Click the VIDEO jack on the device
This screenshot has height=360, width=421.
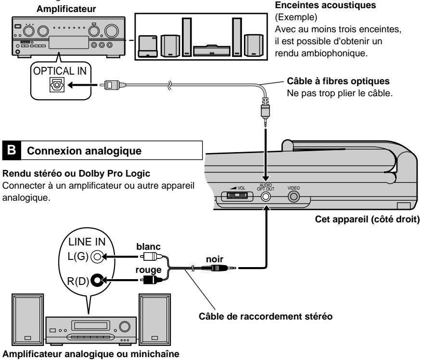293,196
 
